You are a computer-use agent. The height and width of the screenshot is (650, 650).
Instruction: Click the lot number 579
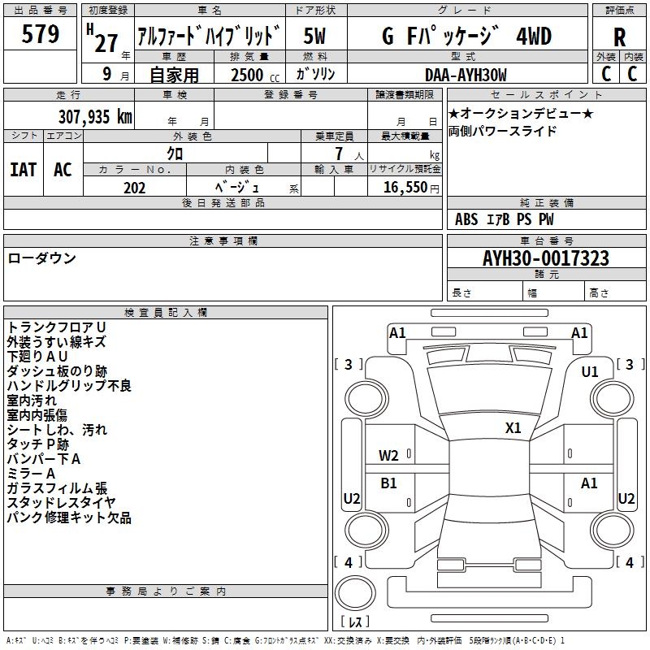tap(41, 35)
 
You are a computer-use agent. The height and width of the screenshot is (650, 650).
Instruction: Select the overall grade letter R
tap(619, 37)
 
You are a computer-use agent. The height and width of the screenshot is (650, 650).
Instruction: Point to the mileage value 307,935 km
tap(94, 117)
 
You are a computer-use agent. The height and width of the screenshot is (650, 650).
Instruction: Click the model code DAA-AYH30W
tap(466, 75)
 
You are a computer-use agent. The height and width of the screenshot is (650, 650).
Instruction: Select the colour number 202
tap(134, 188)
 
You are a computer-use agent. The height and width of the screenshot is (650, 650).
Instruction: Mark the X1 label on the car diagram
tap(513, 428)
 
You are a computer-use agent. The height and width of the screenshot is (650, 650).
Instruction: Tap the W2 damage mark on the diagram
tap(388, 456)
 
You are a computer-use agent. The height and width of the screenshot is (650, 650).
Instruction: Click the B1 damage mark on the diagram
tap(388, 483)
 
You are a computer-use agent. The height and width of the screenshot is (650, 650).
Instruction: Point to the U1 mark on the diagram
tap(590, 372)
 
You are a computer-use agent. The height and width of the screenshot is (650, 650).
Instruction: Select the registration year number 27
tap(106, 41)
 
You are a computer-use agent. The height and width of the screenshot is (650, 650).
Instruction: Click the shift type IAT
tap(23, 170)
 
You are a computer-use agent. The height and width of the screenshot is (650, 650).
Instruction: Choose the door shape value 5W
tap(314, 37)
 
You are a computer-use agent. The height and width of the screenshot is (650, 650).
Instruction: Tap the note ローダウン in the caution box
tap(42, 258)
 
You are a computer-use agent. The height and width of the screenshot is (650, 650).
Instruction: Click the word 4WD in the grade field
tap(534, 37)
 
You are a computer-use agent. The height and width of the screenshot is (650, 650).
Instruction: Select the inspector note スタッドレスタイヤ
tap(62, 503)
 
